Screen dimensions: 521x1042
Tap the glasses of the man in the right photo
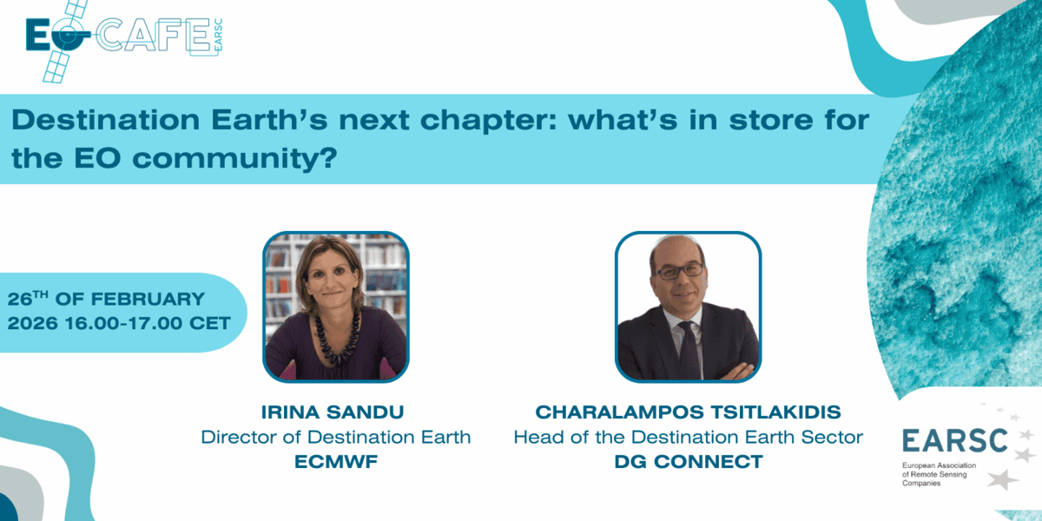point(680,271)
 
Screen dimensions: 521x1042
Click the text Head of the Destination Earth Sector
point(688,436)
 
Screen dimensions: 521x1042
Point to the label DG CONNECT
point(688,462)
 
